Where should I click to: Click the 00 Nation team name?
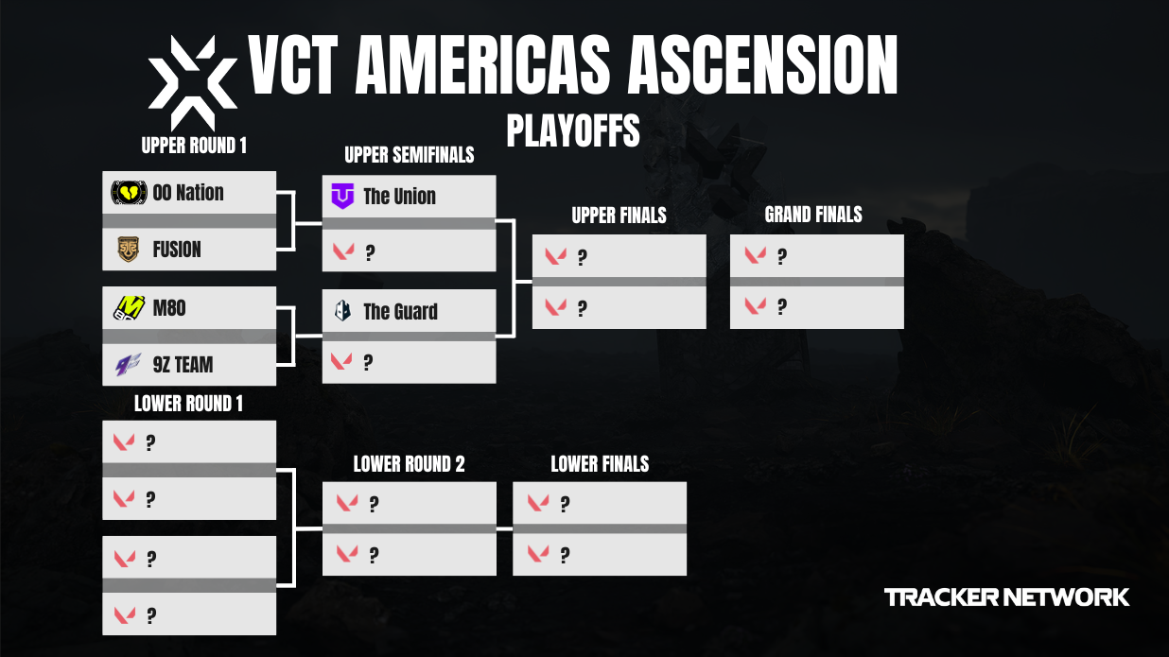(188, 193)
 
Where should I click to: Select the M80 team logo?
(129, 307)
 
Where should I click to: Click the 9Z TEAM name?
(183, 364)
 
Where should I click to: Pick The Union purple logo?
(342, 197)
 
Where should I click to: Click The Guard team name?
(400, 312)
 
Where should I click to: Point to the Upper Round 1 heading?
(194, 146)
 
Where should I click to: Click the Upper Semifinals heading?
(409, 154)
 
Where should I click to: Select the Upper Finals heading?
(619, 216)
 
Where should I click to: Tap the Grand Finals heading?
(813, 215)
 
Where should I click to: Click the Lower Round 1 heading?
(188, 404)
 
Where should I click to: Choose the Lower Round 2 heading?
(409, 464)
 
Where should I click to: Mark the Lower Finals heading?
(600, 464)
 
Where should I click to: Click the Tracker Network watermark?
(1006, 597)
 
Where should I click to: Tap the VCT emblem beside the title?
(193, 83)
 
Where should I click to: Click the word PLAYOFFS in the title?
(573, 130)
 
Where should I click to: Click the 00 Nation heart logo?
(129, 193)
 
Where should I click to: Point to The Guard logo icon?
(343, 311)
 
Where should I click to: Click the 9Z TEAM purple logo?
(129, 364)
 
